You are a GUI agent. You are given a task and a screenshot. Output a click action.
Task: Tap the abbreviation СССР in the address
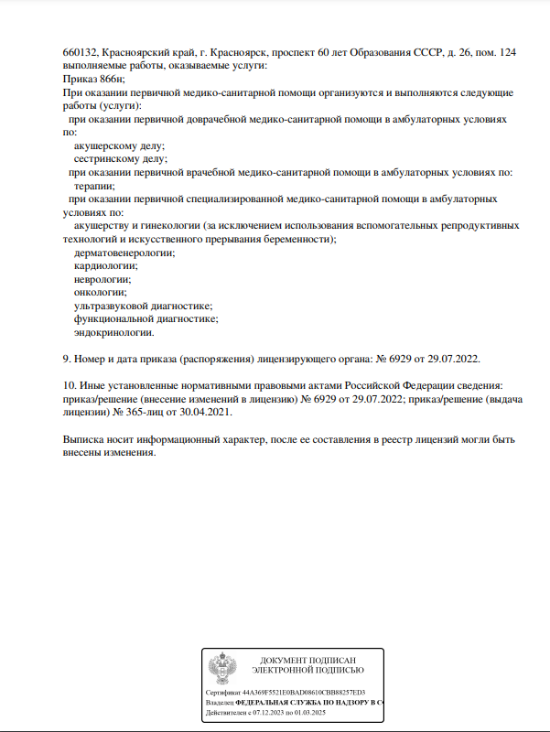click(407, 53)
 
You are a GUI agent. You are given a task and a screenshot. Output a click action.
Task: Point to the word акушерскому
click(106, 145)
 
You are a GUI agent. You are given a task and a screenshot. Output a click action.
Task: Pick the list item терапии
click(94, 186)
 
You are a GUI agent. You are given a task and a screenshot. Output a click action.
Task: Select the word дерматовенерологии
click(124, 253)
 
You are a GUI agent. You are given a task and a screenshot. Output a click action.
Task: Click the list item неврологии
click(102, 279)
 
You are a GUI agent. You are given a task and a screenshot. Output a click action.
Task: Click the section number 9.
click(66, 359)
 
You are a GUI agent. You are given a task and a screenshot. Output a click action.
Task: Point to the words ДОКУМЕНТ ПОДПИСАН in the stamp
click(307, 661)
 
